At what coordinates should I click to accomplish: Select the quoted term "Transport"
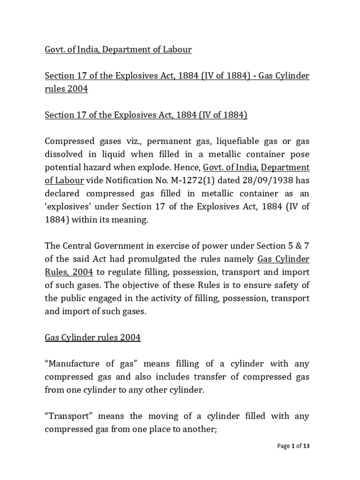pos(64,416)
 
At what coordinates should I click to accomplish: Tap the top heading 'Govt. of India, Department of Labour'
pos(118,49)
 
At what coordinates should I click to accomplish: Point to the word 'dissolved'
pos(63,154)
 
